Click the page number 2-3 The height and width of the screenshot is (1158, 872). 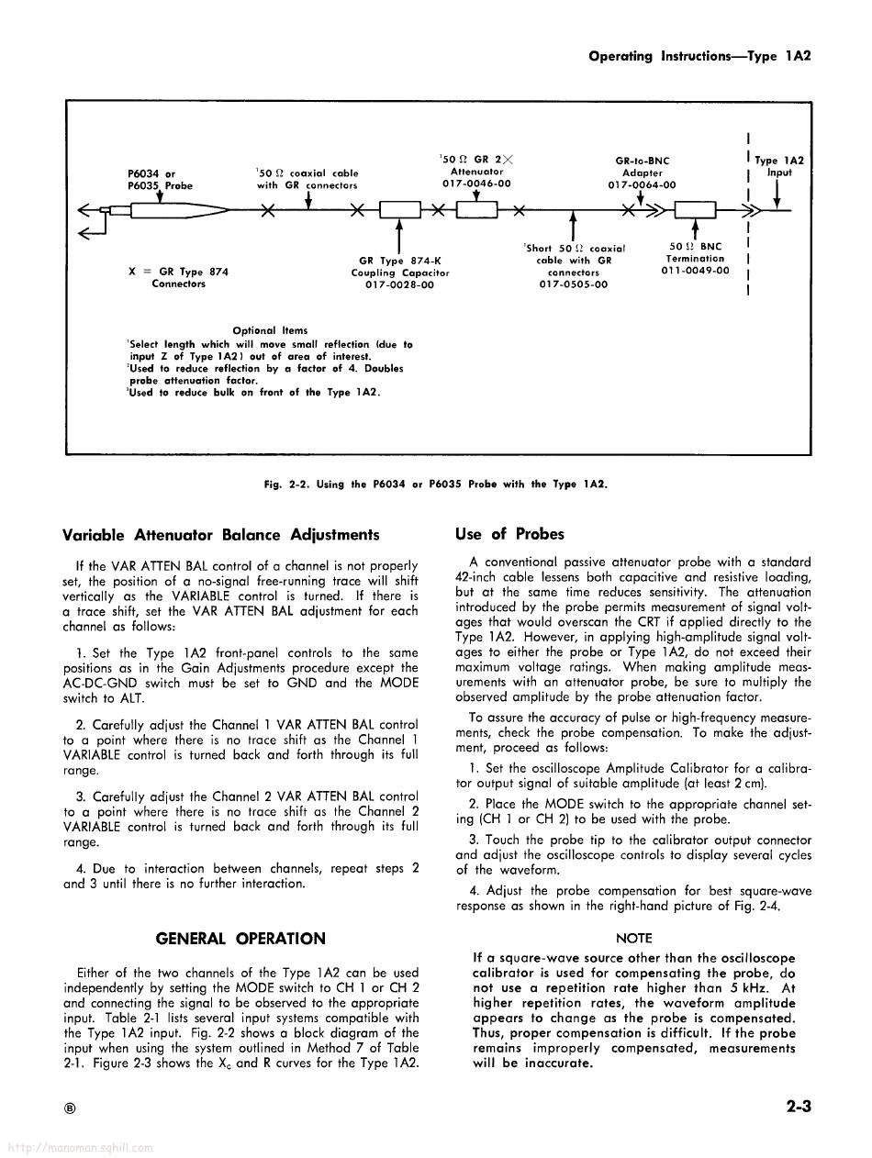[x=799, y=1106]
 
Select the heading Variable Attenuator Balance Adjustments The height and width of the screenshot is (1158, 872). [x=220, y=534]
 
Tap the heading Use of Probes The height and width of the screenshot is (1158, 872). [x=509, y=534]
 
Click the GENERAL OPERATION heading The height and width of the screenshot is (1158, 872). [x=240, y=939]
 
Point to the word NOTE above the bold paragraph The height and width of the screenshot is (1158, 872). [x=634, y=938]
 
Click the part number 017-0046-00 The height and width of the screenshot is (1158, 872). [x=476, y=184]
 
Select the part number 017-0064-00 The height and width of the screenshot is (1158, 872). [x=642, y=184]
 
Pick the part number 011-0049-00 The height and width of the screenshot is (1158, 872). [x=695, y=271]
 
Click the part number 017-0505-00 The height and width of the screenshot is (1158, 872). [x=573, y=284]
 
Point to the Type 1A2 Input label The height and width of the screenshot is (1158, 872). [x=778, y=166]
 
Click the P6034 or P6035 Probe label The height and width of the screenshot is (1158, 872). [x=160, y=179]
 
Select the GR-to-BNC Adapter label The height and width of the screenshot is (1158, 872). [x=642, y=167]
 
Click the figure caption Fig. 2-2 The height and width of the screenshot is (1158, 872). [x=435, y=484]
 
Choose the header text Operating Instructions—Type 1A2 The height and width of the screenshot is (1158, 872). [x=699, y=55]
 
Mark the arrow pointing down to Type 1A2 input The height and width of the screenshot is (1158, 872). [x=777, y=195]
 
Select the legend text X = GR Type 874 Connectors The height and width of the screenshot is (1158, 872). [x=179, y=277]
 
